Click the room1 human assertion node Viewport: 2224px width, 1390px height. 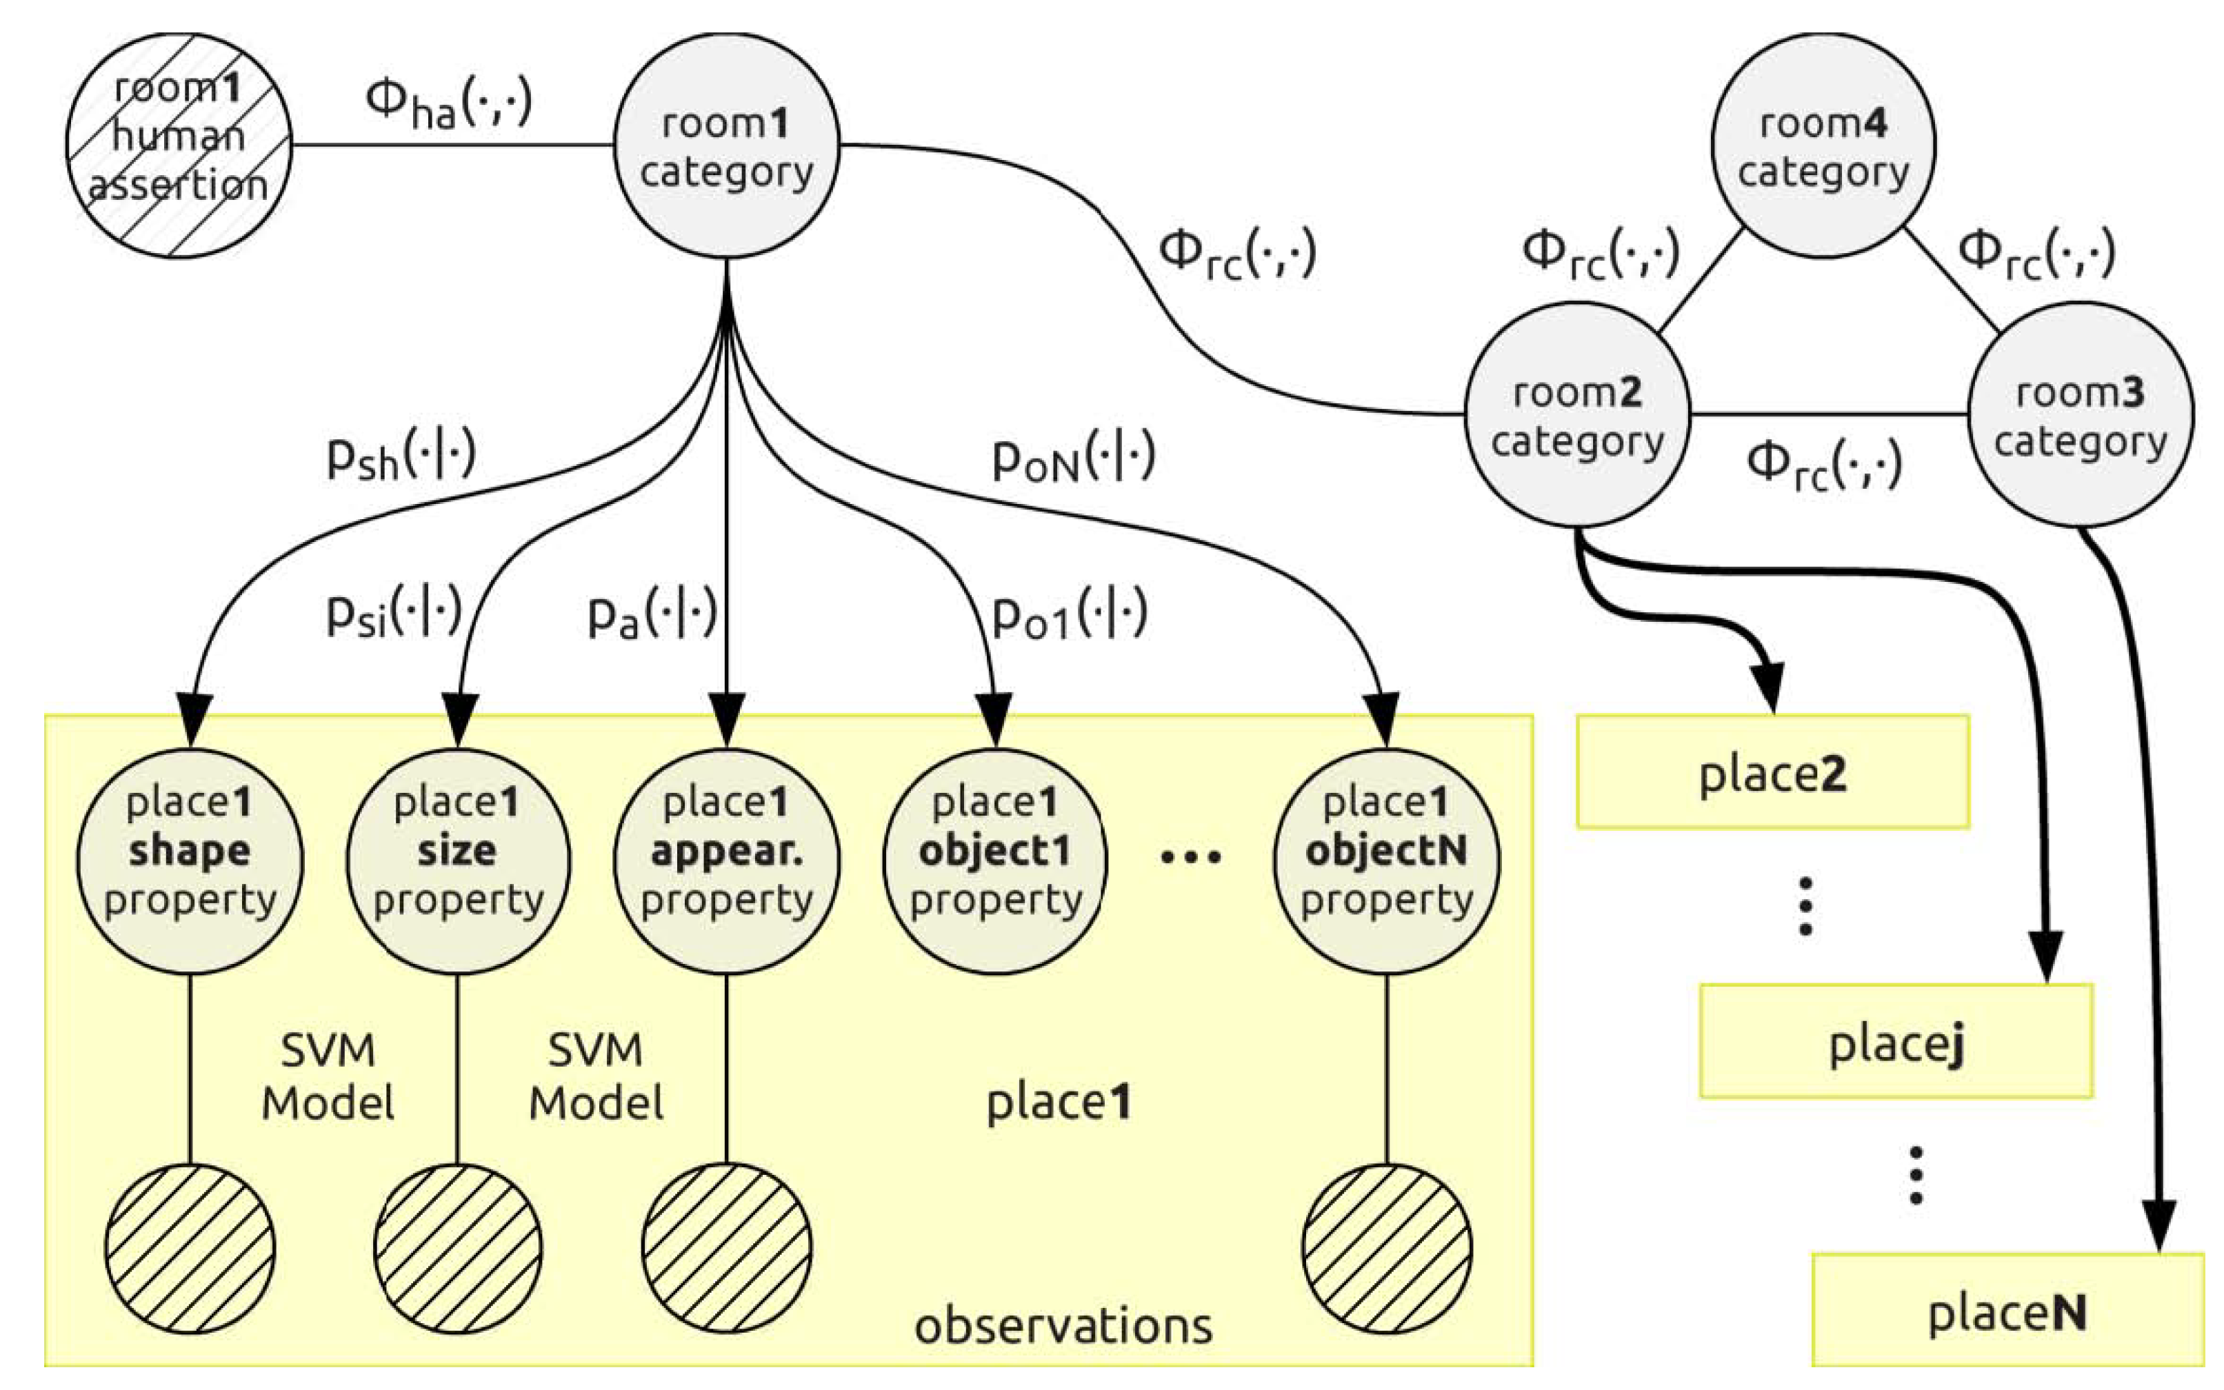pyautogui.click(x=179, y=145)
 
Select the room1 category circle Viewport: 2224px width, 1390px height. pyautogui.click(x=726, y=145)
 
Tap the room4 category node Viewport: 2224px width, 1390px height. pyautogui.click(x=1823, y=145)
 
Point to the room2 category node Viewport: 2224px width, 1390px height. pyautogui.click(x=1576, y=414)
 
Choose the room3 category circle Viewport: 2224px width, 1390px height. pyautogui.click(x=2080, y=414)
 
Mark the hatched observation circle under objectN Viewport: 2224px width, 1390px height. pyautogui.click(x=1386, y=1249)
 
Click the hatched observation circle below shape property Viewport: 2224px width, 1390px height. pyautogui.click(x=190, y=1249)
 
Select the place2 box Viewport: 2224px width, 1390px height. pyautogui.click(x=1772, y=773)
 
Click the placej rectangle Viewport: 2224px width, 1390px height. pyautogui.click(x=1896, y=1042)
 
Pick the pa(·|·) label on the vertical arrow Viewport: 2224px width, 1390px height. pyautogui.click(x=651, y=615)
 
